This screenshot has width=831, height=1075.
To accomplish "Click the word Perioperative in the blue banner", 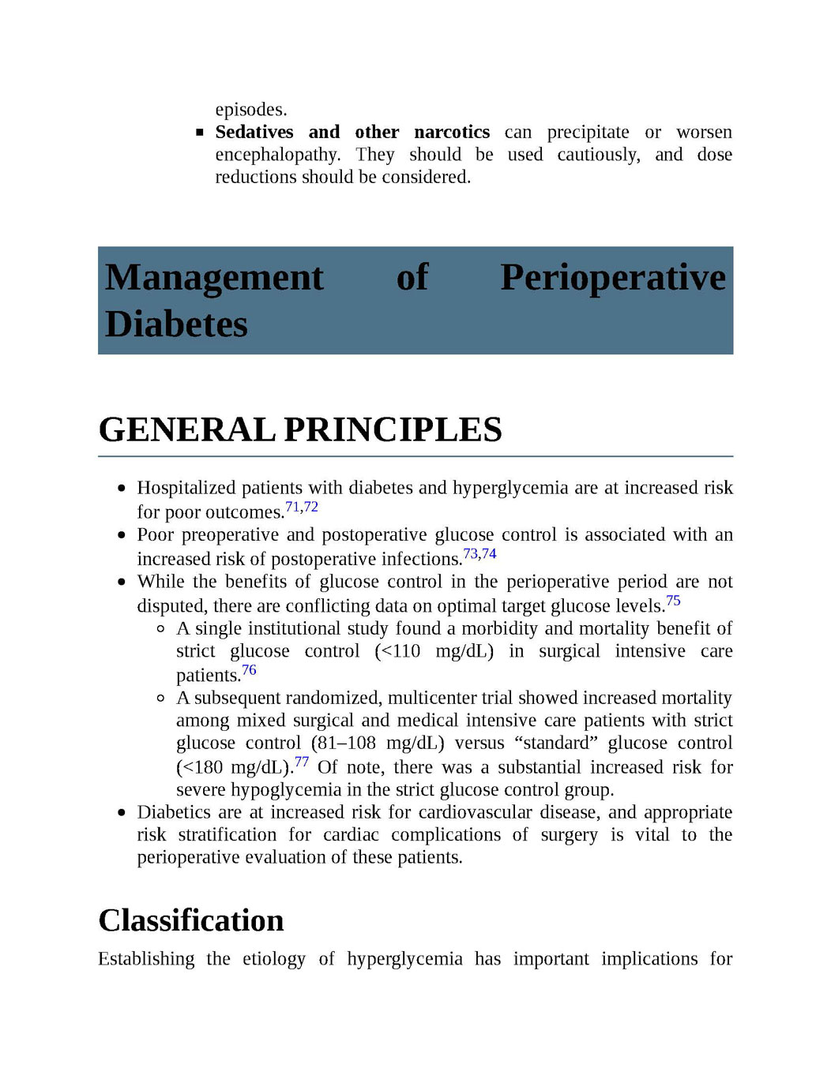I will point(613,278).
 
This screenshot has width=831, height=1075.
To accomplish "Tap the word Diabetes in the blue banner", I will point(176,324).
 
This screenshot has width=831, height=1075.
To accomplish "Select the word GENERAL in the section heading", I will point(186,430).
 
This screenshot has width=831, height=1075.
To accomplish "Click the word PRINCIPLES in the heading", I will point(393,430).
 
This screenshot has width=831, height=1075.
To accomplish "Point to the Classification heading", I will point(191,921).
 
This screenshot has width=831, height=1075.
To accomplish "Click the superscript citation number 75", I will point(673,601).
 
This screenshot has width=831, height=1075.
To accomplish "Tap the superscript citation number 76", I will point(249,670).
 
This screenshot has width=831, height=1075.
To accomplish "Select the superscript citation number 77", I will point(301,762).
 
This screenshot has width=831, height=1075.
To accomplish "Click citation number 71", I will point(292,507).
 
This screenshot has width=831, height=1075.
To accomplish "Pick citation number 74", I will point(489,553).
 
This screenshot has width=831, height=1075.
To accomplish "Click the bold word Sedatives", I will point(254,132).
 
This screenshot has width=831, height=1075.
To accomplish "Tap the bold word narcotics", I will point(452,132).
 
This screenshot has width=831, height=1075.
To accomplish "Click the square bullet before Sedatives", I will point(200,133).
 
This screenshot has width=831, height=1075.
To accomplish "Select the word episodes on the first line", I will point(250,110).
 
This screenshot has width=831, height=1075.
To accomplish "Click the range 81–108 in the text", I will point(346,744).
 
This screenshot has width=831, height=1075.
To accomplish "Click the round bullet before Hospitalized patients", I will point(121,489).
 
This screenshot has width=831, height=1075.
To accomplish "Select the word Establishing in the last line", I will point(146,959).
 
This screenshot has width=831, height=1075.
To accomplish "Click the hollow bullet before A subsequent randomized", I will point(160,698).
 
